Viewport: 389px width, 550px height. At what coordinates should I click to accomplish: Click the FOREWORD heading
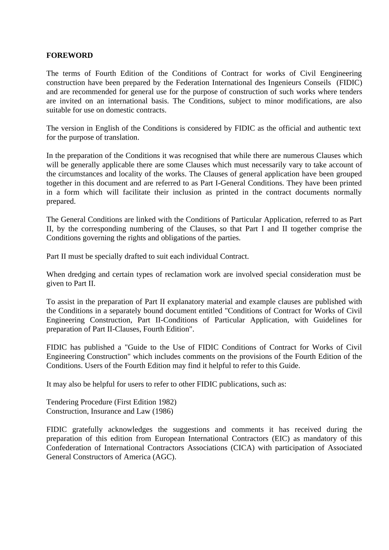coord(70,55)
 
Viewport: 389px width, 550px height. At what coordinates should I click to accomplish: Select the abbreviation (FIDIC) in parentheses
coord(349,83)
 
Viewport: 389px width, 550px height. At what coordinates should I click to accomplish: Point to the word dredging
coord(82,275)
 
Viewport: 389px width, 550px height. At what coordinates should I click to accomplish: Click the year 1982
coord(168,402)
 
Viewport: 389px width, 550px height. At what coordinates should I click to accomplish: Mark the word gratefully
coord(87,430)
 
